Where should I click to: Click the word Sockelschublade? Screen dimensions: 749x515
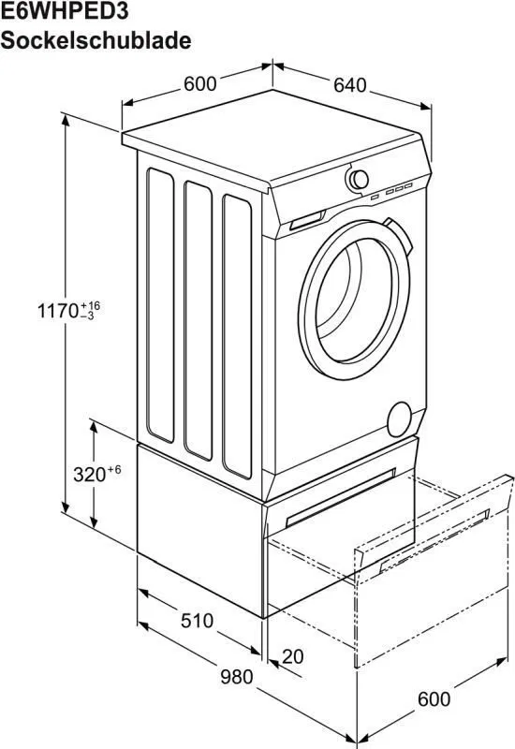96,40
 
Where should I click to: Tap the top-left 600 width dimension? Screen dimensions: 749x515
199,84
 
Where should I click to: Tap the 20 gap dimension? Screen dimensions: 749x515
293,656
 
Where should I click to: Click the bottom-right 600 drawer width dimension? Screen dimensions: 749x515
434,698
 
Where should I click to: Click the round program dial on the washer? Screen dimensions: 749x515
358,179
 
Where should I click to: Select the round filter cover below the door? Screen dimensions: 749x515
401,418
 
